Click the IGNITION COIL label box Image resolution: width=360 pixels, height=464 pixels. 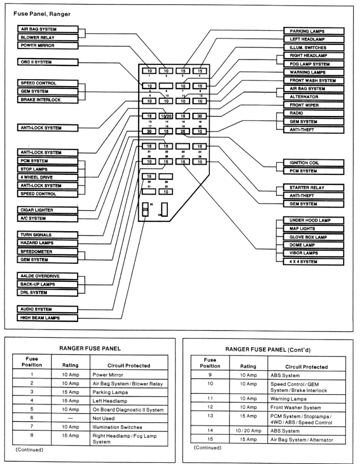[313, 163]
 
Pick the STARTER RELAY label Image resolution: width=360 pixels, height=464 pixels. [313, 188]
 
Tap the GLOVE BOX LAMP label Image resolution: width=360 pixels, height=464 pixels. [313, 237]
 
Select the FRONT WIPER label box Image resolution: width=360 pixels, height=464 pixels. [313, 105]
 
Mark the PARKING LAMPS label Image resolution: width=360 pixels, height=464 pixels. [313, 31]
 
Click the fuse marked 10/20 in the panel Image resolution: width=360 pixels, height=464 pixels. [166, 116]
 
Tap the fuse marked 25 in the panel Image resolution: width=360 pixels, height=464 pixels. [183, 131]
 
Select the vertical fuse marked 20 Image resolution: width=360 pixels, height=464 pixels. [146, 210]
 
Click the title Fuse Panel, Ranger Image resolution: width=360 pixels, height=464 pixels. [42, 14]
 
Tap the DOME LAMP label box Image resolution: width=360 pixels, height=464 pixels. [313, 245]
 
